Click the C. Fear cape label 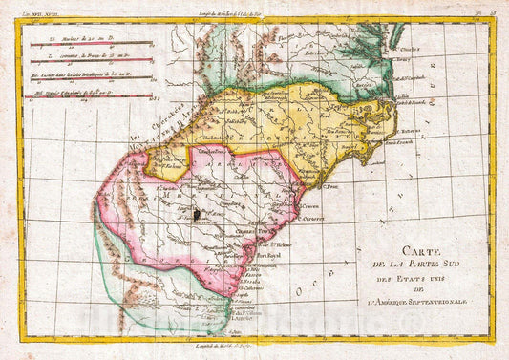point(331,185)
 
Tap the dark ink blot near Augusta point(198,217)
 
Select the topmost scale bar point(91,46)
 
